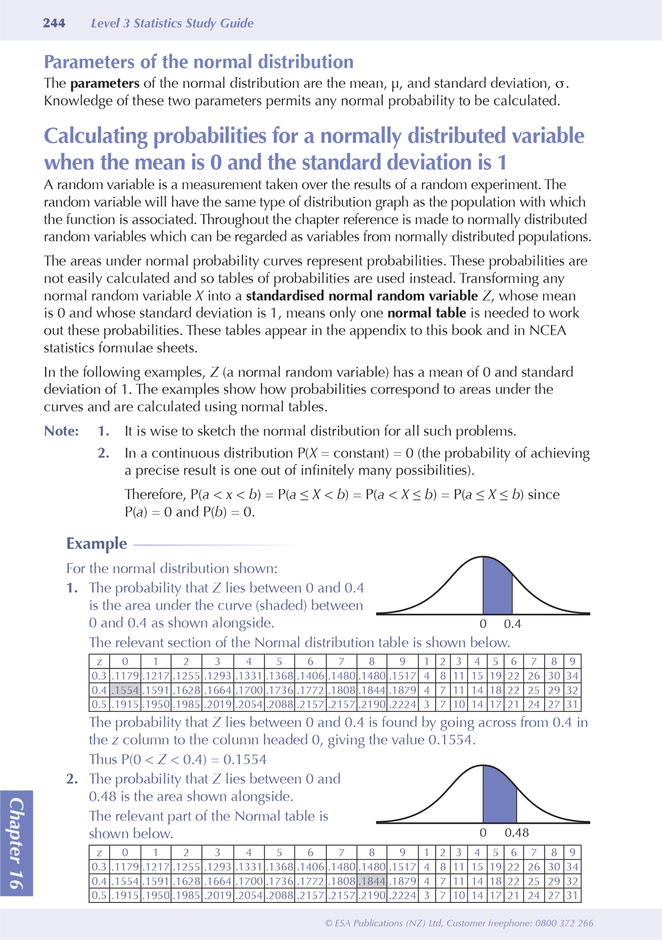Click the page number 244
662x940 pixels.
click(x=54, y=23)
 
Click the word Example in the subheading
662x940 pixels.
click(x=97, y=543)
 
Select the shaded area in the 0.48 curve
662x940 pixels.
click(x=498, y=799)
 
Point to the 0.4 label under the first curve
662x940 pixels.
click(x=512, y=624)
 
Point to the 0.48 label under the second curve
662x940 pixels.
click(x=516, y=833)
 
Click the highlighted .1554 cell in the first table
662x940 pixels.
click(x=125, y=690)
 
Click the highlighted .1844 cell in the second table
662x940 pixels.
click(x=372, y=881)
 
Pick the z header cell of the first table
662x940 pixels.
click(x=99, y=661)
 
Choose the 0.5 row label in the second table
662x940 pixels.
click(x=99, y=895)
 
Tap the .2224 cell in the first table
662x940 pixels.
click(x=402, y=704)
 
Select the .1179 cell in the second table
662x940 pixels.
click(x=125, y=867)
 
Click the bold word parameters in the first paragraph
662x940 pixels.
click(x=105, y=83)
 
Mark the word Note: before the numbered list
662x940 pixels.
click(x=61, y=431)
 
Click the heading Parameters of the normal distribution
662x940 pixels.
click(x=198, y=61)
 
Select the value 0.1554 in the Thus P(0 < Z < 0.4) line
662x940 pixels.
click(x=244, y=760)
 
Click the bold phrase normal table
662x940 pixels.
click(x=427, y=313)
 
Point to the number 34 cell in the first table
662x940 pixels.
click(x=572, y=676)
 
